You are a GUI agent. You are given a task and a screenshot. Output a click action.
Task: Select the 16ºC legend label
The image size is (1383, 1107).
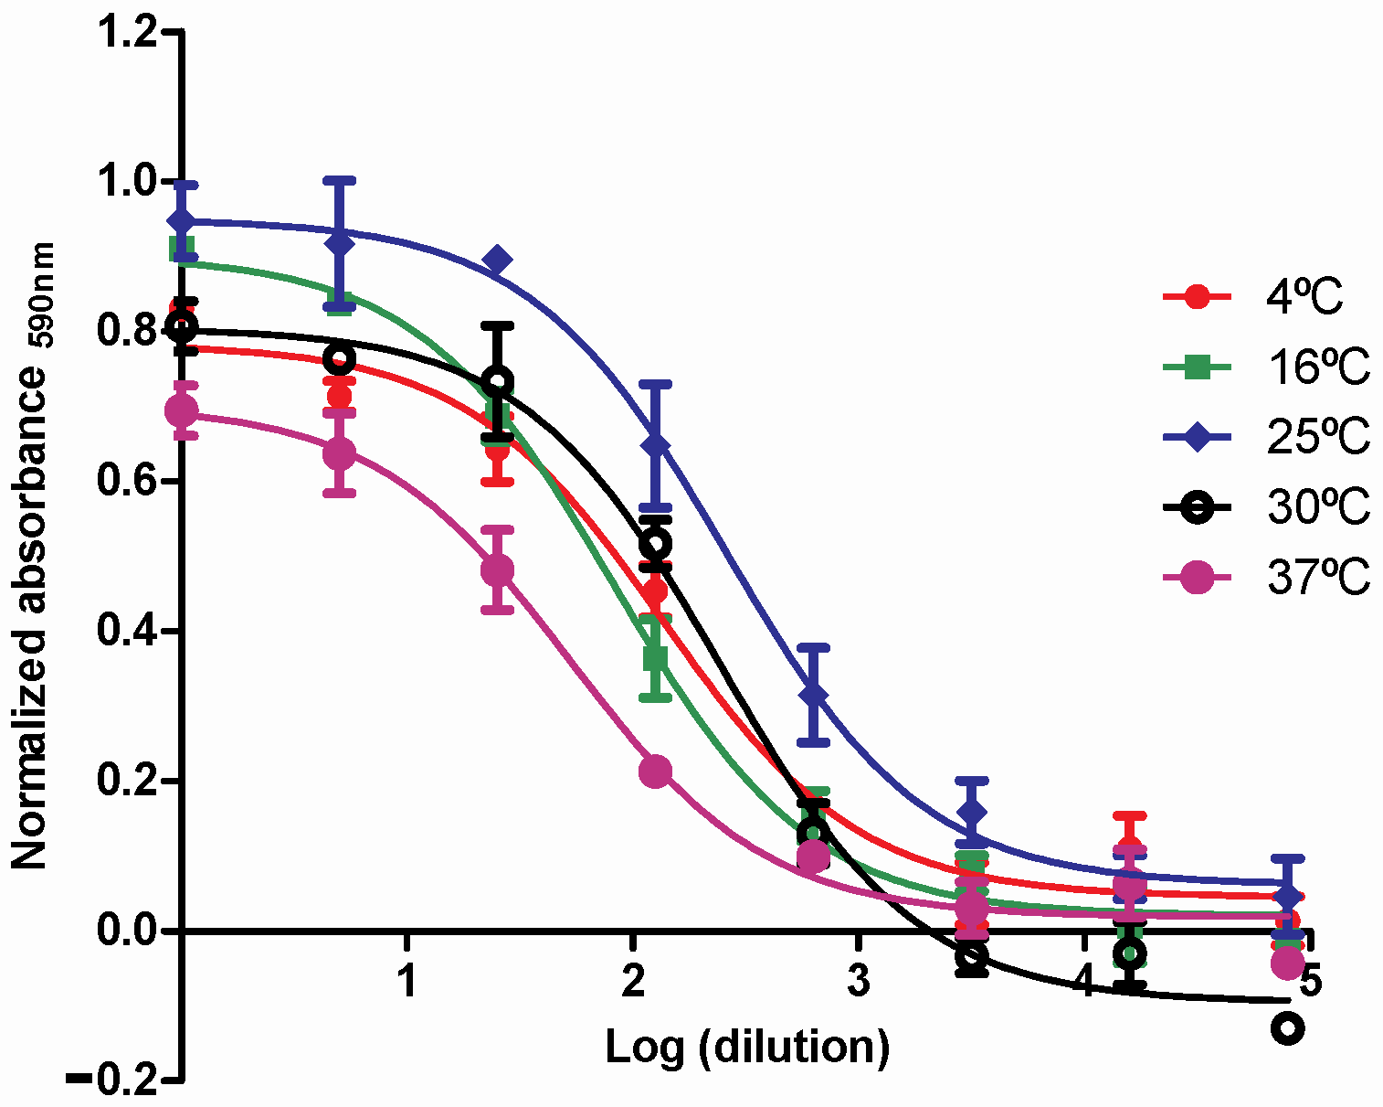click(1318, 367)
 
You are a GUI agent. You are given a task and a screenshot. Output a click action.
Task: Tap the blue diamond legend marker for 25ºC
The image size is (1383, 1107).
click(1198, 438)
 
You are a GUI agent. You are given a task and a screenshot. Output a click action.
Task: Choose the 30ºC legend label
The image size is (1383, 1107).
click(1318, 507)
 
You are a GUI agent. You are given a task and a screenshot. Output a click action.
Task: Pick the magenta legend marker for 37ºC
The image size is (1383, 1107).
click(1198, 578)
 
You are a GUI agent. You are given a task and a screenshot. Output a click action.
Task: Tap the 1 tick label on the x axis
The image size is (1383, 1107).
click(407, 982)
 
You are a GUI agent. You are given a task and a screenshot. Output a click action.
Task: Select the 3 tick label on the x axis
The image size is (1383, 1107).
click(857, 982)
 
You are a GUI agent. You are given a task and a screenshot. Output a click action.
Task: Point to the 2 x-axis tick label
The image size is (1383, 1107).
click(632, 982)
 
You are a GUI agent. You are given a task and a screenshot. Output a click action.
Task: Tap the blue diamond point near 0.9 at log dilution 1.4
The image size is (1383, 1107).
click(497, 261)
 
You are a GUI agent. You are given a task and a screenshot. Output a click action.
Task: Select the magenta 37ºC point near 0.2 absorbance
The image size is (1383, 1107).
click(655, 772)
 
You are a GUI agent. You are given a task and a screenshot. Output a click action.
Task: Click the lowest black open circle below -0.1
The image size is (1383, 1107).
click(1288, 1027)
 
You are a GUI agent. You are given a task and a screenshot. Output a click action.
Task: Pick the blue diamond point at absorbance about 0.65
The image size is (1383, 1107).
click(655, 445)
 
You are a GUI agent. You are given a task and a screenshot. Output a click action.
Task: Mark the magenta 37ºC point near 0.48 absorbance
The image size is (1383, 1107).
click(497, 569)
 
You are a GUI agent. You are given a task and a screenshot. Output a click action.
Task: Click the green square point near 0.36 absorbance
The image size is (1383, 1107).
click(655, 658)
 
